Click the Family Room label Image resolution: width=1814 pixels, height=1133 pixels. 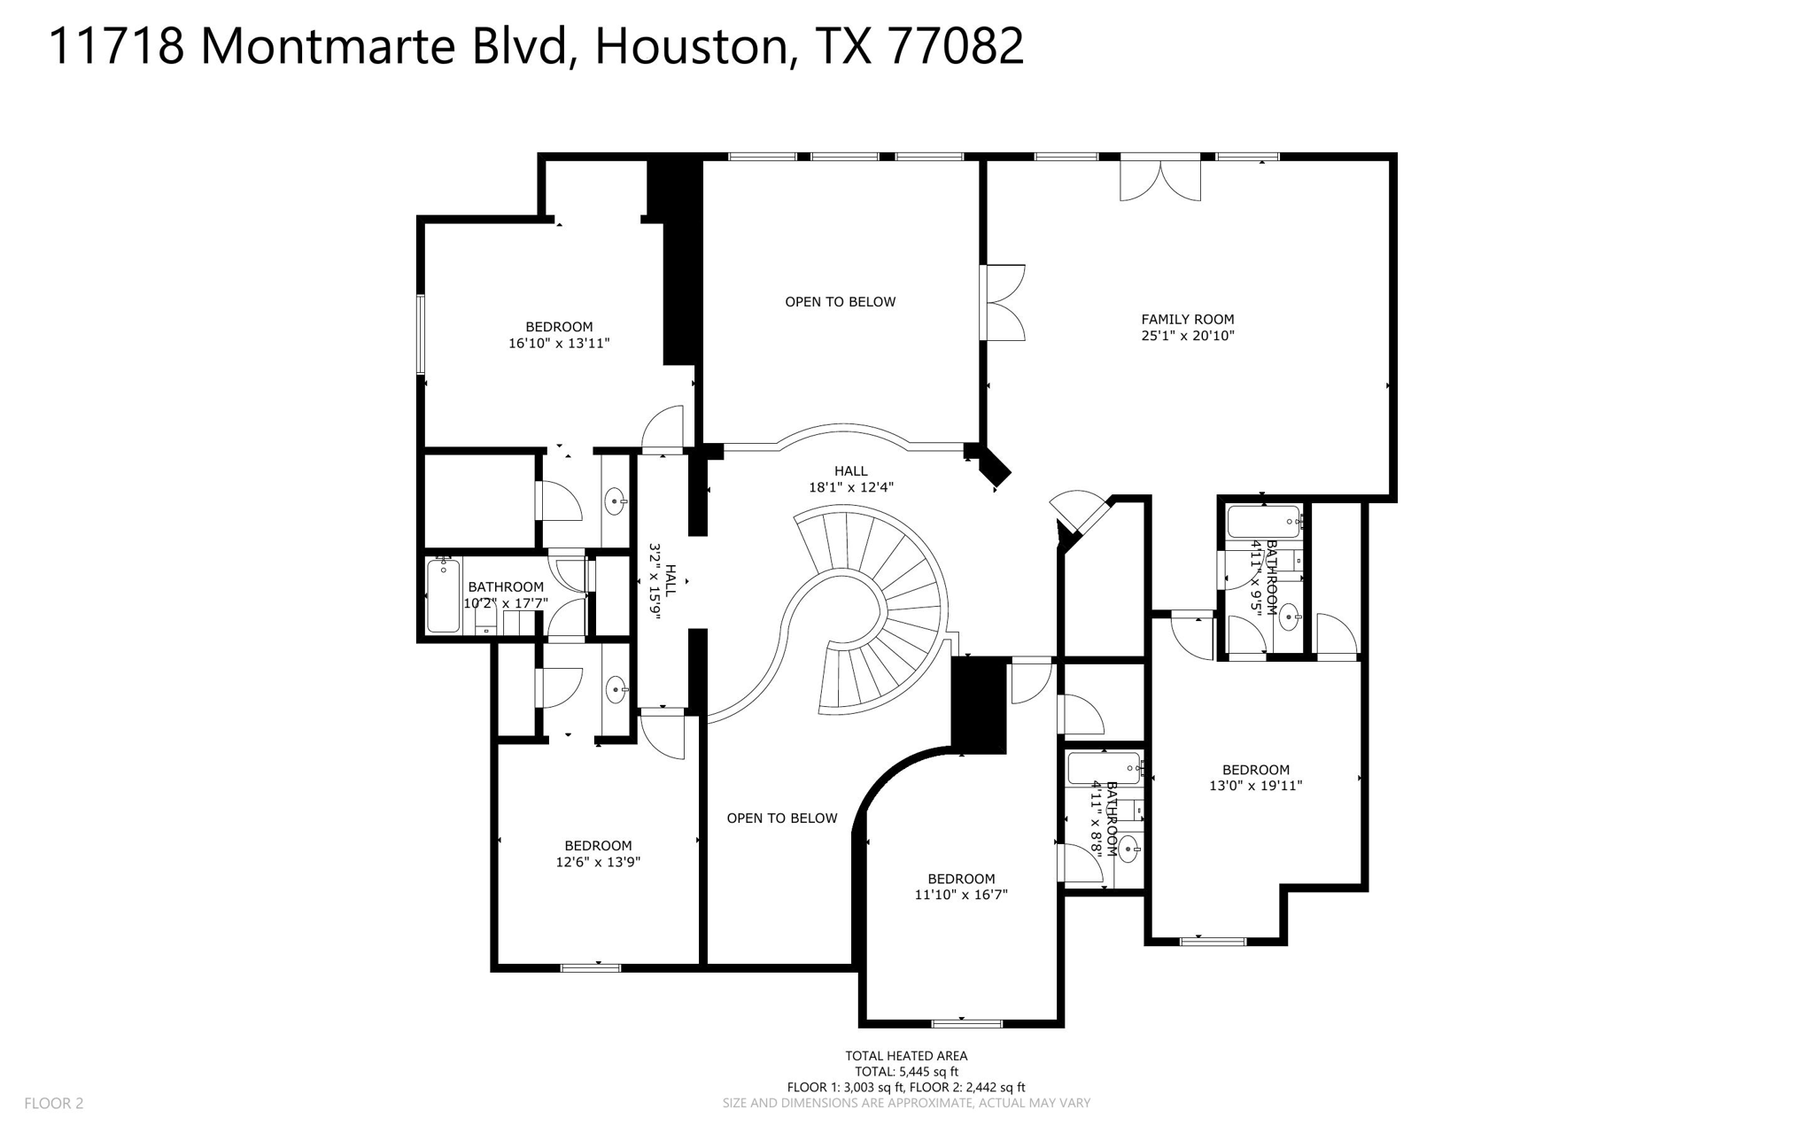1187,319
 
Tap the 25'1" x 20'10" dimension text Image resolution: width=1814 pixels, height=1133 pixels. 1187,336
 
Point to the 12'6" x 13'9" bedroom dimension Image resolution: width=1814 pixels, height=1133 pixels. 598,862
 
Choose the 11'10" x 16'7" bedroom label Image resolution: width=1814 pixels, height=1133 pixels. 961,879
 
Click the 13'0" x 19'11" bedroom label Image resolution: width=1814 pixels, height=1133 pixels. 1255,770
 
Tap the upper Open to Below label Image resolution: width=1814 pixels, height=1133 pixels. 840,302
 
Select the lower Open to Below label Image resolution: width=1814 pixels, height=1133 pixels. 781,819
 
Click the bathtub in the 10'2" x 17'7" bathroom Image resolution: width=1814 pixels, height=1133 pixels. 443,594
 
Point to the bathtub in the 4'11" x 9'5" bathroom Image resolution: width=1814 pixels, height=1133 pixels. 1263,521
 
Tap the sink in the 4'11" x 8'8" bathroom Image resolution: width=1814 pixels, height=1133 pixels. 1128,849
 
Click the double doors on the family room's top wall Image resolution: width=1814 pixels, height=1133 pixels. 1160,179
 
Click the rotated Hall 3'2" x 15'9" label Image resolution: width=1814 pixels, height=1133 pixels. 663,581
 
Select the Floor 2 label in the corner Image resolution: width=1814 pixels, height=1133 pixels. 54,1103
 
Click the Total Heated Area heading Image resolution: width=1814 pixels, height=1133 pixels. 906,1055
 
